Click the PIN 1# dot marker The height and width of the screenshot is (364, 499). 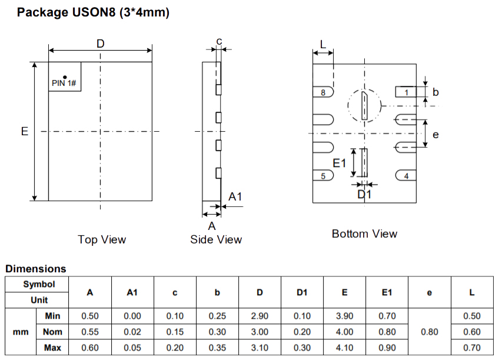65,76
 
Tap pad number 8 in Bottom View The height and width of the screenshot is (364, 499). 323,92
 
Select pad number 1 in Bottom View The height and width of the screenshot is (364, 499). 406,92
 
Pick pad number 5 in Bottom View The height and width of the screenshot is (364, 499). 323,176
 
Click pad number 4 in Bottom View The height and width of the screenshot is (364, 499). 406,176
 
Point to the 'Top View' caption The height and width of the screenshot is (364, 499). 102,239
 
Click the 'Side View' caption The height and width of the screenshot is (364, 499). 216,239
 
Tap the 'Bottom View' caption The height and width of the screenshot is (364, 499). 364,233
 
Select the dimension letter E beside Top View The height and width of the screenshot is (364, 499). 25,131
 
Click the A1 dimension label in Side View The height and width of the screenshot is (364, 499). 235,197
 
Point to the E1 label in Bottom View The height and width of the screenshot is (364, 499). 340,163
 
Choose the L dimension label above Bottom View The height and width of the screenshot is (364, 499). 323,44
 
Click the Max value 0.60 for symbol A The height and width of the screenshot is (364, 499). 90,348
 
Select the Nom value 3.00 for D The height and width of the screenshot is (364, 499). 260,332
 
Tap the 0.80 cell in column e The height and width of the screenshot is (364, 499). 430,332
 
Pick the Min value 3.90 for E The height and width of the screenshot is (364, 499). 344,316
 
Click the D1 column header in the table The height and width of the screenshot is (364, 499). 302,292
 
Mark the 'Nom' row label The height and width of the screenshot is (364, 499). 53,332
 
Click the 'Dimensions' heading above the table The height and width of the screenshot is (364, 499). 36,269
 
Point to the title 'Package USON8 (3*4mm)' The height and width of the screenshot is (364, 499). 94,12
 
